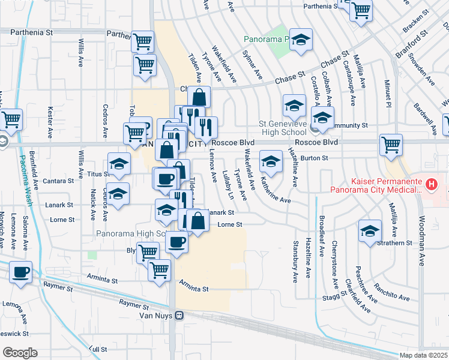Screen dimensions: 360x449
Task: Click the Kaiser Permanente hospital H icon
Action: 430,184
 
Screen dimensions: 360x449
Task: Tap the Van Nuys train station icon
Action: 179,316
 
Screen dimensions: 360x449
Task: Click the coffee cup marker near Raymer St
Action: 21,272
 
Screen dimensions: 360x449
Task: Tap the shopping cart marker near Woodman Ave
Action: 391,144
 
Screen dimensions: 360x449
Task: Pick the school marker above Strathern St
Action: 370,230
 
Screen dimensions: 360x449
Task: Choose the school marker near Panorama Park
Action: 301,39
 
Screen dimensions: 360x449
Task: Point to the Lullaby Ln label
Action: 228,185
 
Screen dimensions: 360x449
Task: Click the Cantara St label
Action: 59,180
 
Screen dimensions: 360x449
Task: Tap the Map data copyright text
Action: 423,355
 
